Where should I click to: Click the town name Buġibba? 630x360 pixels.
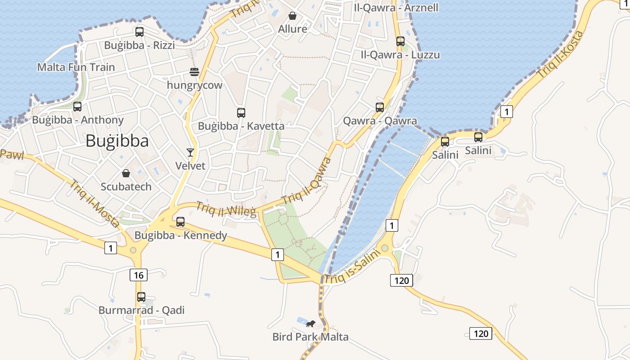tap(117, 141)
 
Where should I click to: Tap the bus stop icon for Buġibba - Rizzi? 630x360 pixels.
tap(139, 32)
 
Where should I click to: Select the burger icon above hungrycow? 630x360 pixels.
tap(194, 72)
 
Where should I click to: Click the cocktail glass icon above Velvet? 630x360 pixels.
tap(190, 153)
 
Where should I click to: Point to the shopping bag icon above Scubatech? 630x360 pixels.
tap(126, 173)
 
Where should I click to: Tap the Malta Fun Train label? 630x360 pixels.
tap(76, 67)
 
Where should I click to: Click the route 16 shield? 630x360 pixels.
tap(139, 275)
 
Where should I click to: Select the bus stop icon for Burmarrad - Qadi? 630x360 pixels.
tap(141, 297)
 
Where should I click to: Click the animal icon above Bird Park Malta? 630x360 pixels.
tap(310, 324)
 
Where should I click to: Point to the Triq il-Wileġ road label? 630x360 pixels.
tap(226, 209)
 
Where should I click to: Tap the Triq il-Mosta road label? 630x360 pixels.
tap(94, 203)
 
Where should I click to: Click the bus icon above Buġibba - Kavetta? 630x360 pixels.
tap(241, 113)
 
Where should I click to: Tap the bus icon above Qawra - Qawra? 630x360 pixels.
tap(380, 108)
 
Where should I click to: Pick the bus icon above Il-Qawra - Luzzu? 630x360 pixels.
tap(400, 41)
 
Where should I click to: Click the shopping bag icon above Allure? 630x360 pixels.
tap(292, 16)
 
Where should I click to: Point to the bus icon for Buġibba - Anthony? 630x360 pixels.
tap(77, 107)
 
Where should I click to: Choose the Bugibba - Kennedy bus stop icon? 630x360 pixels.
tap(180, 221)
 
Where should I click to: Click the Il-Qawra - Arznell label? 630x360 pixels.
tap(396, 8)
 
